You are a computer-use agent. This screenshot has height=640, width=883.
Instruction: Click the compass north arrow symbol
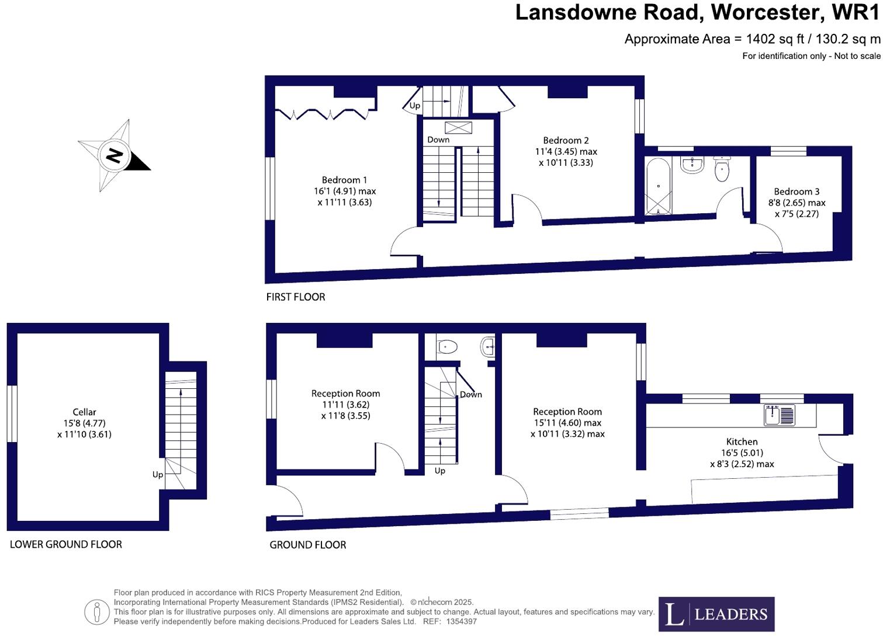(115, 156)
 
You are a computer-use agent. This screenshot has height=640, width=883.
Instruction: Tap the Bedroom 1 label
(344, 180)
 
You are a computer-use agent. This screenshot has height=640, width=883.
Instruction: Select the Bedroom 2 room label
(566, 140)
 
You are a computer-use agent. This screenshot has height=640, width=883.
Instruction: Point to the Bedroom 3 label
(797, 192)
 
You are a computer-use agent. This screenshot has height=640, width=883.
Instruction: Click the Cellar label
(84, 412)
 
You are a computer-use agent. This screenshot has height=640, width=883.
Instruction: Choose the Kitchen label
(742, 441)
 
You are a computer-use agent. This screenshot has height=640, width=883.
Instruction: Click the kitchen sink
(780, 415)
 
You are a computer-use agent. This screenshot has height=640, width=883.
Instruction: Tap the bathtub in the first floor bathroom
(658, 186)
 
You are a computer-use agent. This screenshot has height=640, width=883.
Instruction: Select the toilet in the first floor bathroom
(722, 169)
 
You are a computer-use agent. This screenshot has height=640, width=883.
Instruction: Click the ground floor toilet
(447, 347)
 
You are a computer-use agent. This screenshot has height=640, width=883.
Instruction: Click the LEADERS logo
(716, 614)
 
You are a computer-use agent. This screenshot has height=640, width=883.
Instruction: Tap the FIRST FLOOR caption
(296, 297)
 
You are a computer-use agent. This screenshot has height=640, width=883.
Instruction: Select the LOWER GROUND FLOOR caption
(66, 544)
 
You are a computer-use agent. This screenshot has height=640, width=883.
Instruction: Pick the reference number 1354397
(461, 621)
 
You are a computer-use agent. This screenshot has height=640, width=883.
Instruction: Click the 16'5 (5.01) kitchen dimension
(742, 453)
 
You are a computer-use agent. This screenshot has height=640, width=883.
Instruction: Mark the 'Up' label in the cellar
(158, 474)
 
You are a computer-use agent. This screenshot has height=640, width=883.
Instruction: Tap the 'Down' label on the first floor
(438, 140)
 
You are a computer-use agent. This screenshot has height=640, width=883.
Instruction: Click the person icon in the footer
(97, 612)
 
